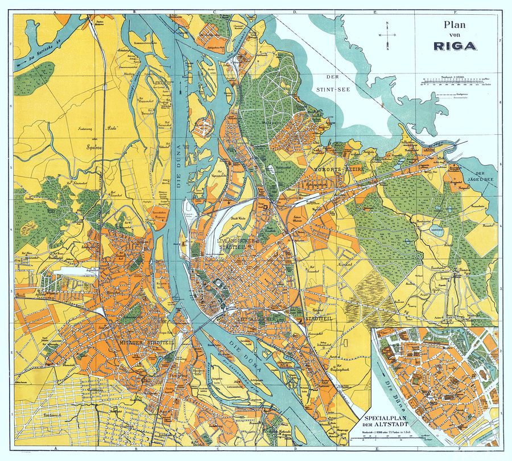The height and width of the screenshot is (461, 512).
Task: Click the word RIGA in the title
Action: tap(455, 46)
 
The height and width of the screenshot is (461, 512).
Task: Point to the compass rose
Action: tap(387, 35)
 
